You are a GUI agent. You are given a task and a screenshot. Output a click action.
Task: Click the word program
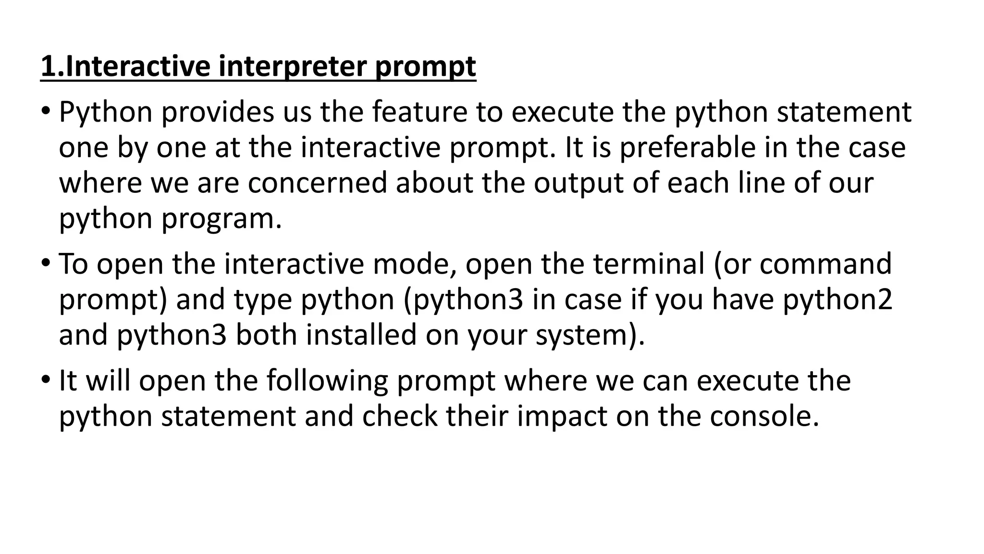coord(221,219)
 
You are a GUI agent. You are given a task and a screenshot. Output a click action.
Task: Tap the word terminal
coord(649,264)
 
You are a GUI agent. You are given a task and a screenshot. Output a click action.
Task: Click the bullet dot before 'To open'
coord(46,263)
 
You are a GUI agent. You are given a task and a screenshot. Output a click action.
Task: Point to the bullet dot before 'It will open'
coord(46,379)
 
